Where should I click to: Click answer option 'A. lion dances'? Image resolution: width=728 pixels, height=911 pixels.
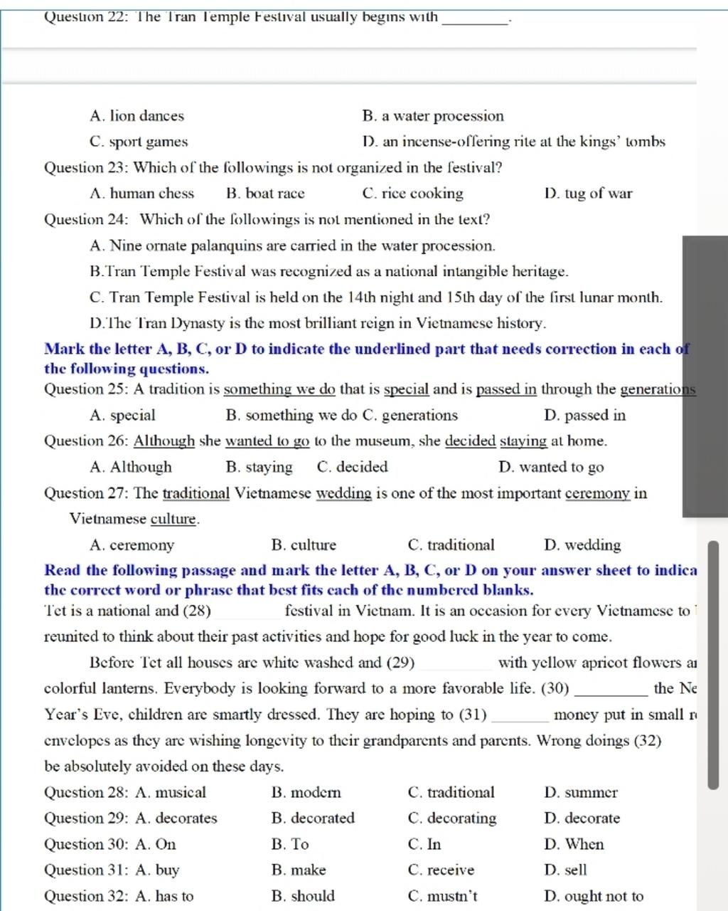(x=137, y=116)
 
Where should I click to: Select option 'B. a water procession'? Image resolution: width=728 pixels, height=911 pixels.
(x=432, y=116)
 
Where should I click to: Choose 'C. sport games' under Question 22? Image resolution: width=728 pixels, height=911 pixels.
(x=139, y=142)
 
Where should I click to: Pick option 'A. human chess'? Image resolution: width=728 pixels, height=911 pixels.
(x=142, y=194)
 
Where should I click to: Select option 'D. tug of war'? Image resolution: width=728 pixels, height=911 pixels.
(x=587, y=194)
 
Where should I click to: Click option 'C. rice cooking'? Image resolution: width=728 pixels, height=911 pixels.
(x=412, y=194)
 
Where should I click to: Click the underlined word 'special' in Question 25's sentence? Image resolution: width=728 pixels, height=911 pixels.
(x=407, y=389)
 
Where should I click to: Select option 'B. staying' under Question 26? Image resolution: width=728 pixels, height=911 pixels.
(x=259, y=468)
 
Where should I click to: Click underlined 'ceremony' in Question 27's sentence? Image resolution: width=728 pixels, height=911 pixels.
(x=598, y=493)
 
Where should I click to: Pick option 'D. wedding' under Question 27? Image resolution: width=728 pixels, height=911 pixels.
(x=582, y=545)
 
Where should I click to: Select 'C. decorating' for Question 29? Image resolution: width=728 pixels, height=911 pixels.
(x=452, y=818)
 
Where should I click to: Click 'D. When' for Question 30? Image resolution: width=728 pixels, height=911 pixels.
(x=574, y=845)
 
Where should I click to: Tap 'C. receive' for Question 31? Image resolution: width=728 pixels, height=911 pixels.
(x=441, y=870)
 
